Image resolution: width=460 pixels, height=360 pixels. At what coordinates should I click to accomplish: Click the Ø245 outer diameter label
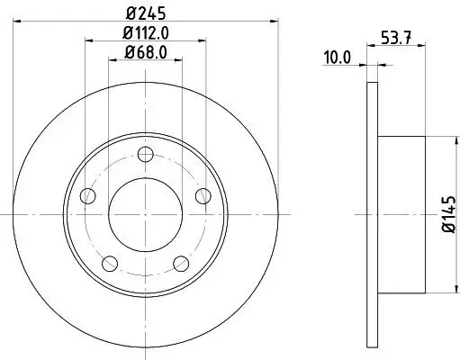(x=144, y=13)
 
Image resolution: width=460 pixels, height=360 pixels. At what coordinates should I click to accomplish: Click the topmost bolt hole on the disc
(x=144, y=153)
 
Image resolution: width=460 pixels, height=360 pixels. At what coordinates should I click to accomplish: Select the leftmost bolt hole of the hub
(x=86, y=195)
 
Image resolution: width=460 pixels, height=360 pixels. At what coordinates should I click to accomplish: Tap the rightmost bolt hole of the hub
(x=202, y=195)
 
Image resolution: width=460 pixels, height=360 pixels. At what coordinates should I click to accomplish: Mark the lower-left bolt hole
(x=109, y=263)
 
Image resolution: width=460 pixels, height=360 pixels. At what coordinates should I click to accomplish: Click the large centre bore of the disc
(x=144, y=213)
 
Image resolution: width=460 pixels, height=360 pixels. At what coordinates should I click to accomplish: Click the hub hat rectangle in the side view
(x=401, y=213)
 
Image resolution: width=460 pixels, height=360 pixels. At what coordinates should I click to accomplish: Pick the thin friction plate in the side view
(x=373, y=213)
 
